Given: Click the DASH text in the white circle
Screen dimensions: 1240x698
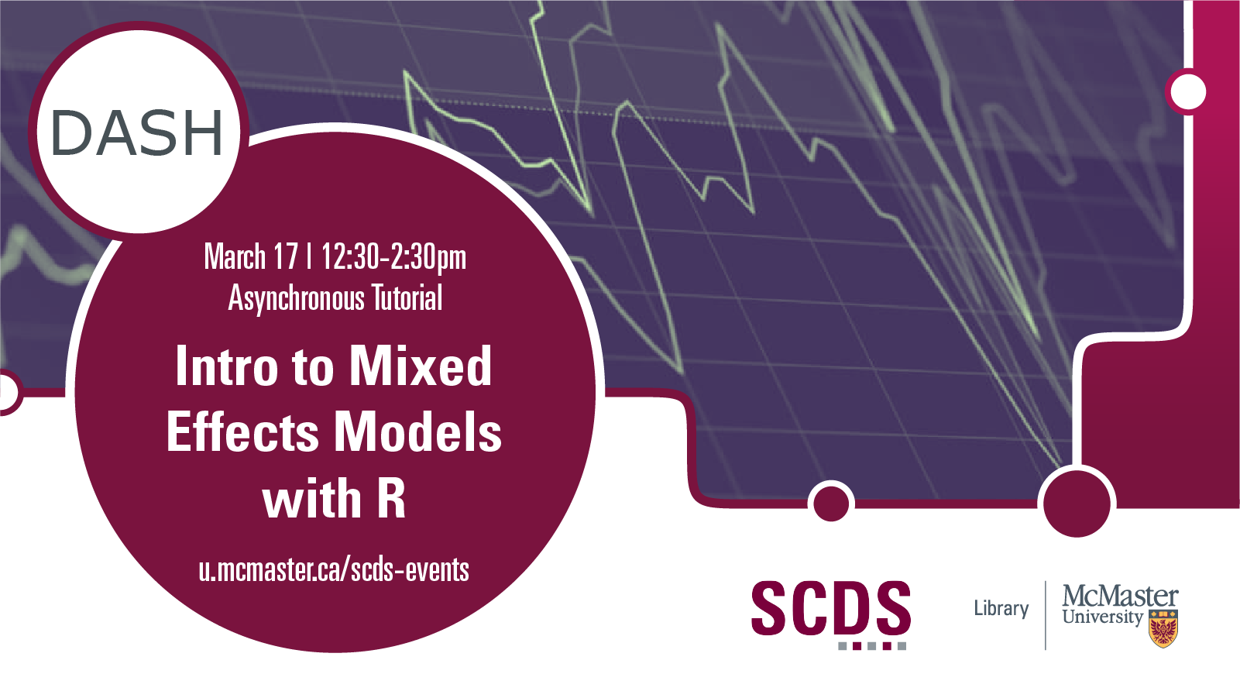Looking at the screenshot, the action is tap(137, 132).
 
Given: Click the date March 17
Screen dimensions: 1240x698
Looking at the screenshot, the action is tap(251, 257).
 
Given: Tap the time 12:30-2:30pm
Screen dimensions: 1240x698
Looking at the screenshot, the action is tap(393, 258).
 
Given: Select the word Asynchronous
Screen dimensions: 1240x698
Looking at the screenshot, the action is tap(297, 299).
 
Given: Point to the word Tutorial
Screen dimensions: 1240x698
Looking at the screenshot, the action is tap(407, 297).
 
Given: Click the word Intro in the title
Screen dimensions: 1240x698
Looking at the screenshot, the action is tap(227, 366).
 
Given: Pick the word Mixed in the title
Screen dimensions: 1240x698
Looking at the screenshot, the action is tap(420, 366).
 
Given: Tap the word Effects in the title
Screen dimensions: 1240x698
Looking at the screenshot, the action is tap(242, 432).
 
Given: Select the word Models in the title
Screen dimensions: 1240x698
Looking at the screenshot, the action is tap(418, 432).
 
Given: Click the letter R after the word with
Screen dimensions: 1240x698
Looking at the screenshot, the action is tap(392, 498).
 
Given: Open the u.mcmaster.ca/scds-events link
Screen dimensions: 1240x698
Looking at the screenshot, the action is tap(334, 569).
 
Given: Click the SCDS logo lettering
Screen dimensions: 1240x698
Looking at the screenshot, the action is tap(831, 607).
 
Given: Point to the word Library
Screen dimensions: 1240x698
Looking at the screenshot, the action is tap(1001, 609).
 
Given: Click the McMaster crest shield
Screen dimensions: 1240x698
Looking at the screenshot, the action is tap(1163, 629).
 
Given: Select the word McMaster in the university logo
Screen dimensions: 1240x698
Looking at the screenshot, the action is tap(1121, 597).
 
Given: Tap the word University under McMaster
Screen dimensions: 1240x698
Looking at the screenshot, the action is tap(1103, 617).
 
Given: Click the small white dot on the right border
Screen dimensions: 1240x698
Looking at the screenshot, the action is tap(1188, 92).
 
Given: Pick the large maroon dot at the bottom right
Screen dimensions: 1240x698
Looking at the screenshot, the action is tap(1077, 503).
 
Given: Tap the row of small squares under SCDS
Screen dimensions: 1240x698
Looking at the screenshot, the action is tap(872, 646).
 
